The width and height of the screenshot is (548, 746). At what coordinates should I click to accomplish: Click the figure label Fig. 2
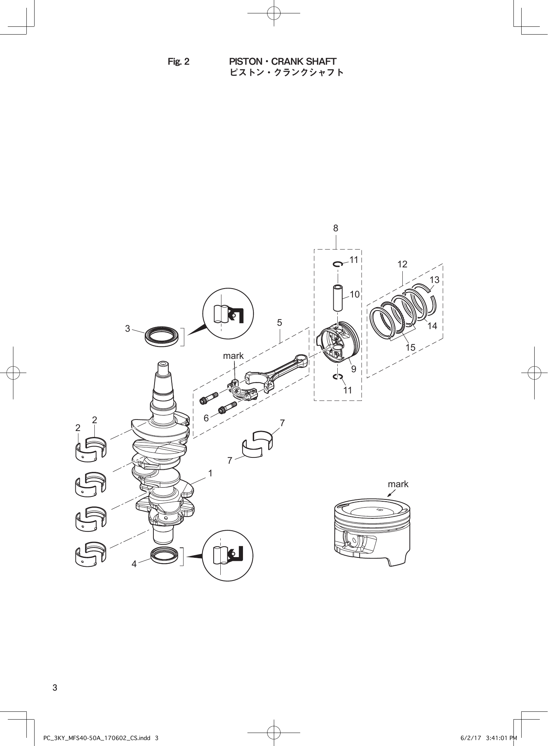[x=178, y=62]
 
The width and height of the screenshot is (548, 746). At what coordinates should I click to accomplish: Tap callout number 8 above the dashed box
[x=335, y=228]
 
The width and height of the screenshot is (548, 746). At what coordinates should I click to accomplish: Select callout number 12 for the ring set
[x=402, y=264]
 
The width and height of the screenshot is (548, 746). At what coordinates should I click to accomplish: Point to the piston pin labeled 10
[x=338, y=298]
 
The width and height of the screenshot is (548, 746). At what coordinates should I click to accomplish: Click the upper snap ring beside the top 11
[x=338, y=264]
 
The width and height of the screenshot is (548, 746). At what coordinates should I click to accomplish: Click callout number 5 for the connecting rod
[x=279, y=322]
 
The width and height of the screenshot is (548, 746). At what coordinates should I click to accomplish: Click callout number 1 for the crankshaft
[x=210, y=473]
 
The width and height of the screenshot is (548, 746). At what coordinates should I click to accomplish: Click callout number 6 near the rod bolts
[x=206, y=418]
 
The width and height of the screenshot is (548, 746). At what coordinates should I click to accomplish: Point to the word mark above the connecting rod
[x=233, y=356]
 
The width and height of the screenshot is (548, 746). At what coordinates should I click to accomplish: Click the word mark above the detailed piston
[x=398, y=484]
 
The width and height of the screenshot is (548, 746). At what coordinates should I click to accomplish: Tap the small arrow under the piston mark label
[x=390, y=493]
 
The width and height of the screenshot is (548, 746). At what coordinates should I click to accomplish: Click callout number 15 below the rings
[x=410, y=347]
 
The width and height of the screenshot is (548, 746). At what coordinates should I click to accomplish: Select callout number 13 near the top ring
[x=434, y=280]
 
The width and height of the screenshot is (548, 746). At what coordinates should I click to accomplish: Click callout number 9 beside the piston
[x=353, y=369]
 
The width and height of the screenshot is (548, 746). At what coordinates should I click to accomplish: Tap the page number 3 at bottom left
[x=55, y=688]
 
